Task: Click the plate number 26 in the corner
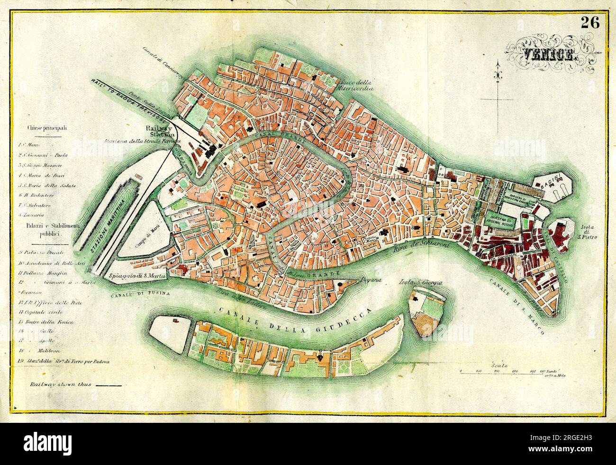(x=590, y=22)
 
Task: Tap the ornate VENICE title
(x=548, y=55)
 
